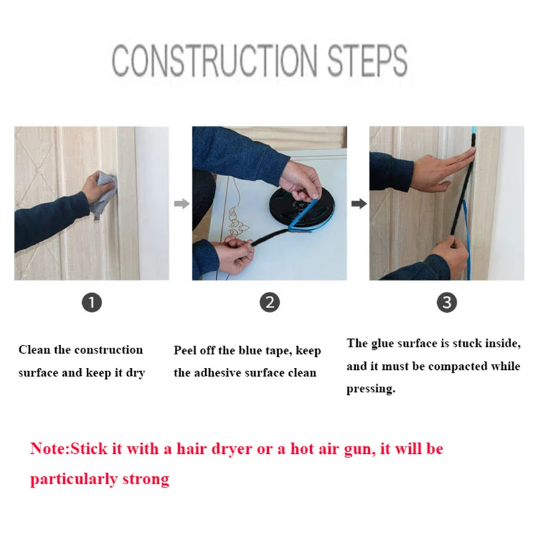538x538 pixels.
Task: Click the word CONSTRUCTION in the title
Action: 214,61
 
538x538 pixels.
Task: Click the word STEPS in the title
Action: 367,61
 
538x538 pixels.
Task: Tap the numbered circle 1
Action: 92,303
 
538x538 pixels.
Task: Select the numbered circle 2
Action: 270,302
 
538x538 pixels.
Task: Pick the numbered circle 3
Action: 447,302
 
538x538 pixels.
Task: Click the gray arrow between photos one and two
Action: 182,204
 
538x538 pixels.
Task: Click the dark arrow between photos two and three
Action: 359,204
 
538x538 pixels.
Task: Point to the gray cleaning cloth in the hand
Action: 102,193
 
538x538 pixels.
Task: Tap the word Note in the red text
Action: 49,449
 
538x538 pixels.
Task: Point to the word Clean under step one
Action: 34,350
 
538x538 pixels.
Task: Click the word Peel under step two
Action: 186,350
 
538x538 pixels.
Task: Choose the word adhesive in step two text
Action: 219,373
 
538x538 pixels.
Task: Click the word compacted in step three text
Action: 458,367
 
